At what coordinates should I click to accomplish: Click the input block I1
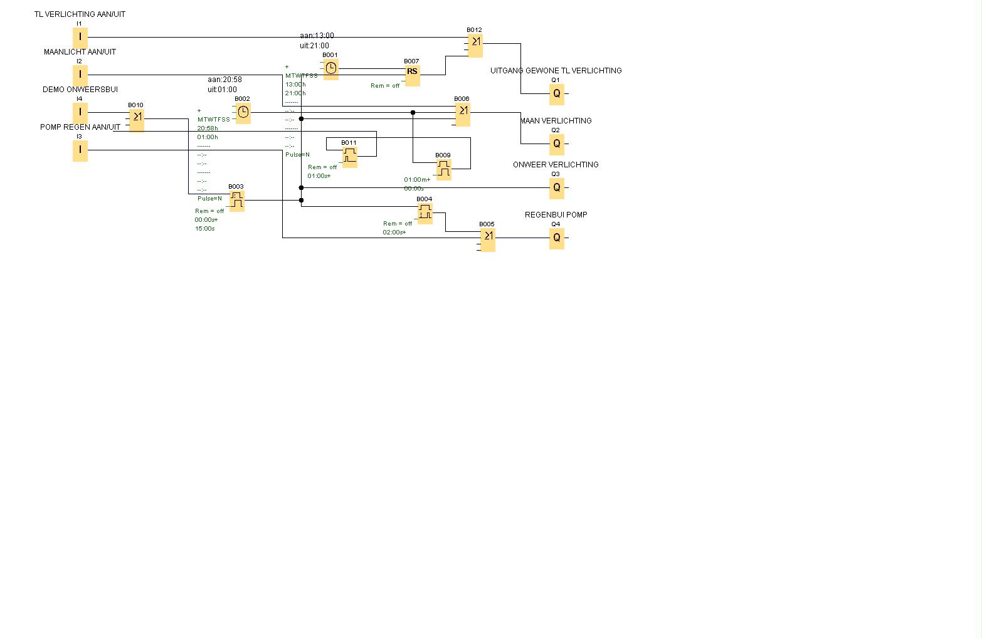click(80, 37)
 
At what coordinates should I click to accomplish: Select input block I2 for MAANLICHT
click(80, 75)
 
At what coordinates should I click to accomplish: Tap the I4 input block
click(80, 112)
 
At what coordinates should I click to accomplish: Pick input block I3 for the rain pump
click(80, 150)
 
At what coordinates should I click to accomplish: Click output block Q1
click(556, 93)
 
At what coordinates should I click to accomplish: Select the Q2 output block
click(556, 144)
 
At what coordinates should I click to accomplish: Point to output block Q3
click(556, 187)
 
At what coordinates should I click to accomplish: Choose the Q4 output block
click(556, 238)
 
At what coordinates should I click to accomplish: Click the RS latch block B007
click(412, 73)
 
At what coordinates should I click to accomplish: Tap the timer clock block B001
click(330, 68)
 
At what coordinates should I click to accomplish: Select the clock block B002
click(243, 112)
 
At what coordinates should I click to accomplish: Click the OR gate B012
click(475, 44)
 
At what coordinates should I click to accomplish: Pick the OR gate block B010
click(136, 118)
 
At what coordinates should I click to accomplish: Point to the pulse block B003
click(236, 201)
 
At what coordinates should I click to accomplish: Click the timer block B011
click(349, 156)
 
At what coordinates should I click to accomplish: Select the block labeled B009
click(443, 169)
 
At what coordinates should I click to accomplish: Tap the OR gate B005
click(487, 238)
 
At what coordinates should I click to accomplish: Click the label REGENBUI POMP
click(556, 215)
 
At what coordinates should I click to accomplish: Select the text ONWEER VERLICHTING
click(556, 165)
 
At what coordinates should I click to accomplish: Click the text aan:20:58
click(224, 80)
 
